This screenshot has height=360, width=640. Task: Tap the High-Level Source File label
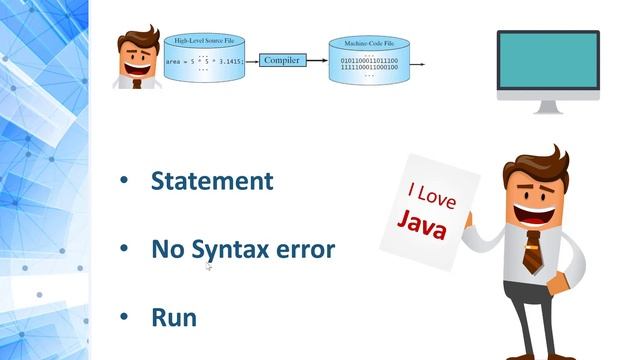pyautogui.click(x=204, y=41)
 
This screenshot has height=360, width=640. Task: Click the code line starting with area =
pyautogui.click(x=204, y=61)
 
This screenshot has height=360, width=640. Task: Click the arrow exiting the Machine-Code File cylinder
pyautogui.click(x=416, y=64)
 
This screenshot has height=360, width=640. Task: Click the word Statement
pyautogui.click(x=212, y=181)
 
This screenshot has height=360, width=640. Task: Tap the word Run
pyautogui.click(x=173, y=317)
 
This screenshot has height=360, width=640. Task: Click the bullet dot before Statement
pyautogui.click(x=124, y=181)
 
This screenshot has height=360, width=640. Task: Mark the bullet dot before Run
pyautogui.click(x=124, y=317)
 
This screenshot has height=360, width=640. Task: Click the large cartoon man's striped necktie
pyautogui.click(x=532, y=250)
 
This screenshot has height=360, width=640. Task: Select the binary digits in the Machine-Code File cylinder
pyautogui.click(x=369, y=65)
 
